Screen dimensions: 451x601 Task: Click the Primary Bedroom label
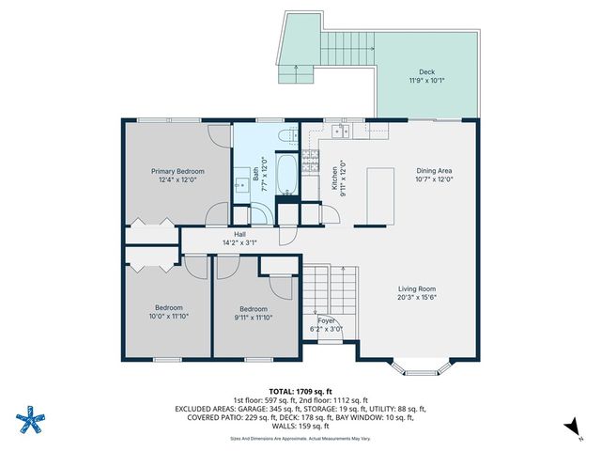[177, 171]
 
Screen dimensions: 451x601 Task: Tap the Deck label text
[425, 72]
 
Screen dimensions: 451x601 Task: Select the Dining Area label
[435, 171]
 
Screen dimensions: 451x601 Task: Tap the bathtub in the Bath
[288, 173]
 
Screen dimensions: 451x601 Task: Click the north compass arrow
[570, 428]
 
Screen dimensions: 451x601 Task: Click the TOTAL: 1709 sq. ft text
[300, 391]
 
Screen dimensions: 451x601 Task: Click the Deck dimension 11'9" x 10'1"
[425, 82]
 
